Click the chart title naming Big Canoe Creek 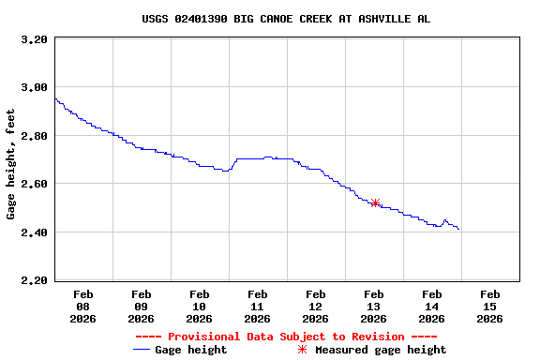[286, 19]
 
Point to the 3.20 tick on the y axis [33, 40]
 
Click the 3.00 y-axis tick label [33, 88]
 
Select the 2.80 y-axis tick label [33, 136]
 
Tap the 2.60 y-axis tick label [33, 185]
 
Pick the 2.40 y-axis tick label [33, 232]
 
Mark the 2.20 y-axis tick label [33, 280]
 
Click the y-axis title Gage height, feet [11, 164]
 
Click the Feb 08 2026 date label [82, 306]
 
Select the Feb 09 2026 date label [141, 306]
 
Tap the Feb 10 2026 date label [199, 306]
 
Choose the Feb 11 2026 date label [257, 306]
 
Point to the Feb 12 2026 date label [315, 306]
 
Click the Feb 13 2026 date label [373, 306]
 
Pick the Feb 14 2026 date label [431, 306]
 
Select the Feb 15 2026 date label [489, 306]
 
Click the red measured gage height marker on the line [375, 202]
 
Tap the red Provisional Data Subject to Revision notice [286, 337]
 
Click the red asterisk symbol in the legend [302, 350]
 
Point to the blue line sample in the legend [142, 350]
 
